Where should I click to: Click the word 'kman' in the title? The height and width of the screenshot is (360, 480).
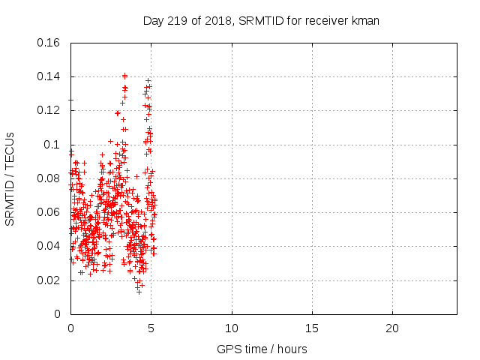pyautogui.click(x=366, y=21)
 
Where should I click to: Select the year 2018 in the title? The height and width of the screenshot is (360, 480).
pyautogui.click(x=216, y=21)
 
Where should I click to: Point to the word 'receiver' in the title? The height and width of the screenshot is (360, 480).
pyautogui.click(x=326, y=21)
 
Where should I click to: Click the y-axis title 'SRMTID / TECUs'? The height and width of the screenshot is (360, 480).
pyautogui.click(x=10, y=178)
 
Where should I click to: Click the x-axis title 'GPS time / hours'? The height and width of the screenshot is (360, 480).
pyautogui.click(x=262, y=349)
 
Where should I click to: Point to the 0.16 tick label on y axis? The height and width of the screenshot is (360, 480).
pyautogui.click(x=49, y=43)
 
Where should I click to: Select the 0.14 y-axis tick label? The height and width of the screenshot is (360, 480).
pyautogui.click(x=49, y=76)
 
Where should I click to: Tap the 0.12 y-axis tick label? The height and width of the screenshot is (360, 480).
pyautogui.click(x=49, y=110)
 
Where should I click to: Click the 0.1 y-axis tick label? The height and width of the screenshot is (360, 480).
pyautogui.click(x=52, y=145)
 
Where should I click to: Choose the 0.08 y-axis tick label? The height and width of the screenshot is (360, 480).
pyautogui.click(x=49, y=178)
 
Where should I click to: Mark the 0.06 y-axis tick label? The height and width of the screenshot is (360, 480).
pyautogui.click(x=49, y=212)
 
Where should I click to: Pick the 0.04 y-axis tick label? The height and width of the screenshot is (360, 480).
pyautogui.click(x=49, y=246)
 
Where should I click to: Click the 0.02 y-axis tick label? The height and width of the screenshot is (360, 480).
pyautogui.click(x=49, y=280)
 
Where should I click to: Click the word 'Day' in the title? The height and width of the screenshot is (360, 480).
pyautogui.click(x=153, y=21)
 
